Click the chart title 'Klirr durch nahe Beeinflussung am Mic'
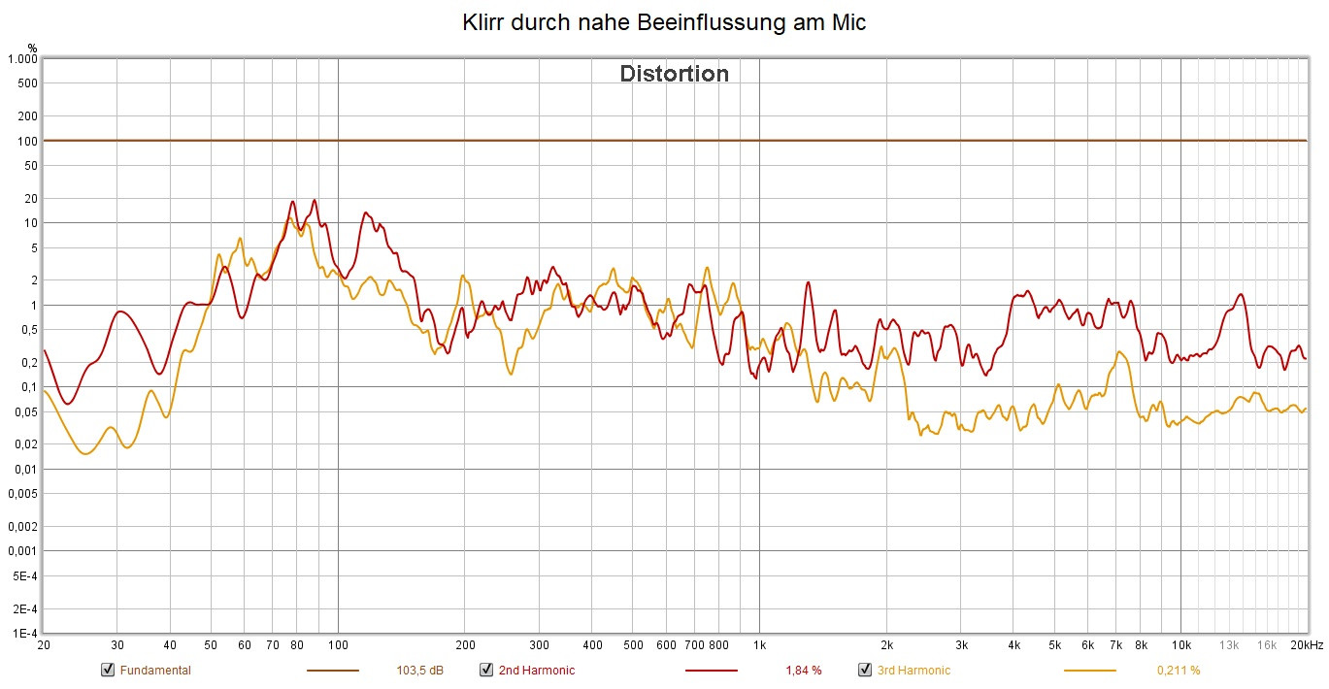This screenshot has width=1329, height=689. pyautogui.click(x=664, y=23)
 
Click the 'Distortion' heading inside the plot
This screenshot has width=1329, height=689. pyautogui.click(x=674, y=74)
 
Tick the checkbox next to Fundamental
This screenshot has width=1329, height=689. pyautogui.click(x=108, y=670)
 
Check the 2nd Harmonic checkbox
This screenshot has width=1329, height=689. pyautogui.click(x=486, y=670)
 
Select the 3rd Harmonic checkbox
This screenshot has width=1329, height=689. pyautogui.click(x=865, y=670)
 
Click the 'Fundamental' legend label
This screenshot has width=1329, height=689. pyautogui.click(x=155, y=670)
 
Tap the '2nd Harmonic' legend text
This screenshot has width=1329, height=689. pyautogui.click(x=536, y=670)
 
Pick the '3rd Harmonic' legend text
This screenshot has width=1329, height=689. pyautogui.click(x=914, y=670)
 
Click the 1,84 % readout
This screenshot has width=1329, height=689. pyautogui.click(x=803, y=670)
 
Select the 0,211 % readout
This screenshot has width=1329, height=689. pyautogui.click(x=1179, y=670)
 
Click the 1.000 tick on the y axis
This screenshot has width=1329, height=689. pyautogui.click(x=21, y=59)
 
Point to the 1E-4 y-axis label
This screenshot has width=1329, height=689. pyautogui.click(x=24, y=634)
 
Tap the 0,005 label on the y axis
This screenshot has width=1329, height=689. pyautogui.click(x=21, y=494)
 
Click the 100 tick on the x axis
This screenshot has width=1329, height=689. pyautogui.click(x=338, y=645)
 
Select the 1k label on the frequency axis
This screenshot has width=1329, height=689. pyautogui.click(x=759, y=645)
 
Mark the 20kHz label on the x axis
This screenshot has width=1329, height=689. pyautogui.click(x=1307, y=645)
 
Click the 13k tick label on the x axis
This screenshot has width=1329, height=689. pyautogui.click(x=1229, y=645)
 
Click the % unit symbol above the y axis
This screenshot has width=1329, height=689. pyautogui.click(x=32, y=48)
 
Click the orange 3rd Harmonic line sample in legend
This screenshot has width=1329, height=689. pyautogui.click(x=1089, y=670)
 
